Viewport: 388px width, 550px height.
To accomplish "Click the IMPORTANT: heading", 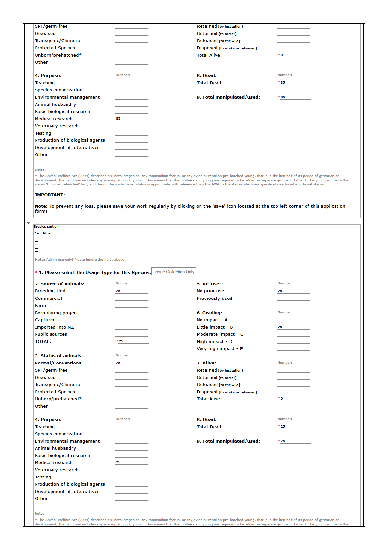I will coord(50,195).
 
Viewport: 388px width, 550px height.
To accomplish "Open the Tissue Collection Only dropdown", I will coord(173,272).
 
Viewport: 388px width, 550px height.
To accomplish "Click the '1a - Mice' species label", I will coord(43,233).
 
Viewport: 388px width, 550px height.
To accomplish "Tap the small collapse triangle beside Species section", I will coord(29,223).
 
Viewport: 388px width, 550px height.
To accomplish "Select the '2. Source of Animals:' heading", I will coord(59,284).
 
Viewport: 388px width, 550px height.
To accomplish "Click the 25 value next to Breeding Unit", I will coord(118,291).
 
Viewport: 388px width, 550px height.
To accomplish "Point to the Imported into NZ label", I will coord(54,327).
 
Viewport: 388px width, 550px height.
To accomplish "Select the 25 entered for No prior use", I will coord(280,291).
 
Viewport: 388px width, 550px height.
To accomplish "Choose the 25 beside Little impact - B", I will coord(280,327).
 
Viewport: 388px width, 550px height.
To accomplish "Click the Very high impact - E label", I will coord(219,349).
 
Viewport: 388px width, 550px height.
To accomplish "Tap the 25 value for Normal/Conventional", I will coord(118,363).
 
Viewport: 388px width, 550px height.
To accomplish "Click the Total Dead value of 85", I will coord(283,83).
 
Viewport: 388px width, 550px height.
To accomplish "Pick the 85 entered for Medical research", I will coord(118,119).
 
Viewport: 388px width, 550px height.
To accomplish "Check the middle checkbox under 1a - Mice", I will coord(37,247).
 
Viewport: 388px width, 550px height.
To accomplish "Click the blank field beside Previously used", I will coord(293,298).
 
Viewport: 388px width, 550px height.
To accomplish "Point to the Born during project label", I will coord(56,313).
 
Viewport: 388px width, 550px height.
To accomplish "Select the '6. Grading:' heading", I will coord(209,313).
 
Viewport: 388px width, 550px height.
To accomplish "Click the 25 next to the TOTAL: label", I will coord(121,341).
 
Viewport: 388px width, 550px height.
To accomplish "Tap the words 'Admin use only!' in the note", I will coord(60,260).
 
